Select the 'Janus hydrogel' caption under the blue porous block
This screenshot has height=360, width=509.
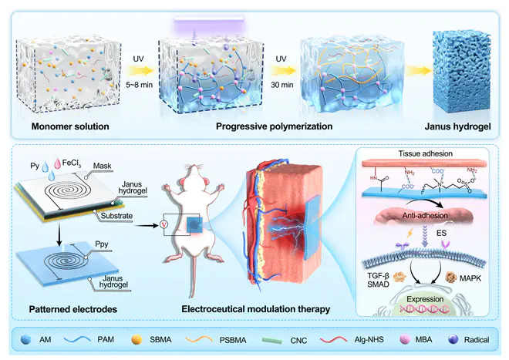coord(459,126)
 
